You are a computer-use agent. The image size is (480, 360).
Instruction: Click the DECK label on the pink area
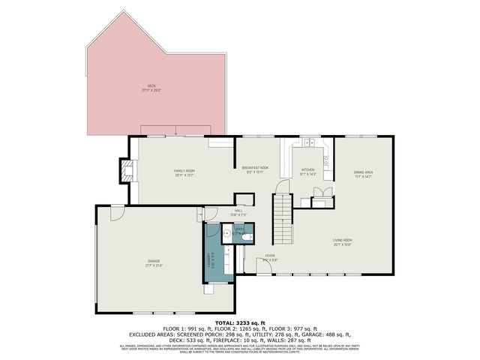(x=151, y=86)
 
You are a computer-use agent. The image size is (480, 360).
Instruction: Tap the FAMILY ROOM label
(x=184, y=171)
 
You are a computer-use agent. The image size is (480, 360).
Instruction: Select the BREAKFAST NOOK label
(x=255, y=167)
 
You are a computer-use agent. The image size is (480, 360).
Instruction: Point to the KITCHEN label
(x=307, y=170)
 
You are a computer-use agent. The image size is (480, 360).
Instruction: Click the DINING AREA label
(x=364, y=172)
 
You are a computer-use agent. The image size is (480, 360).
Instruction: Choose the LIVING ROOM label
(x=343, y=240)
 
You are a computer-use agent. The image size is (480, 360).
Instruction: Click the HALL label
(x=238, y=211)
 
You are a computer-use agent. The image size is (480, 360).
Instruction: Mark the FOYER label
(x=269, y=256)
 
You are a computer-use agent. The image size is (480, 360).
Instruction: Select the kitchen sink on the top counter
(x=307, y=141)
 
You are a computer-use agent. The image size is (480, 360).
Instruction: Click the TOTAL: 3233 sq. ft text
(x=239, y=321)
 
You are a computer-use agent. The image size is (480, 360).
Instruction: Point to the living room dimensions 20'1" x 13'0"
(x=343, y=244)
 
